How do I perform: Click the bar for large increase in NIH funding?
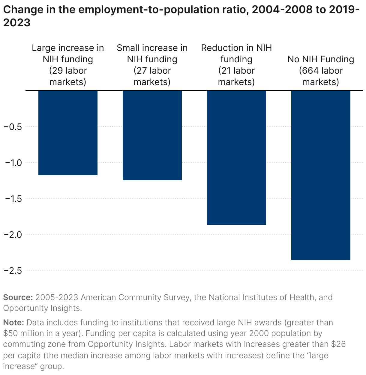[x=68, y=133]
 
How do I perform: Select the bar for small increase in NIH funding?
[x=152, y=135]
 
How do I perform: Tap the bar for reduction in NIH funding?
[x=237, y=158]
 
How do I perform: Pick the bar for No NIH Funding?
[x=321, y=175]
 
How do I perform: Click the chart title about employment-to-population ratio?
[x=180, y=16]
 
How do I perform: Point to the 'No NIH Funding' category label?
[x=321, y=59]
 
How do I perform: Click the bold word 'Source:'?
[x=18, y=297]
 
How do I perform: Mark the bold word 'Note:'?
[x=13, y=323]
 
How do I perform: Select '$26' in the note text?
[x=338, y=344]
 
